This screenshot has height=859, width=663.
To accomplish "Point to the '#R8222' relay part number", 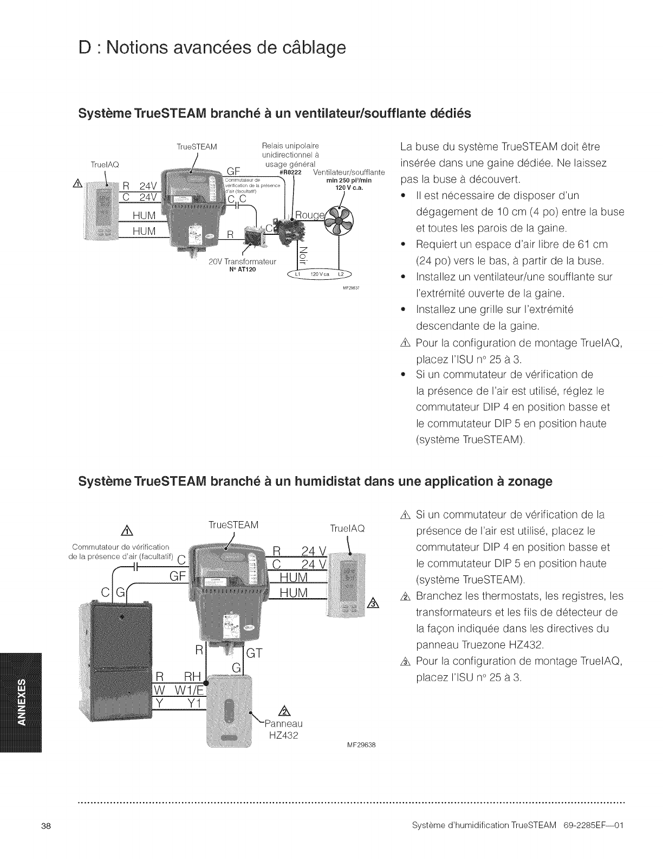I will pos(290,172).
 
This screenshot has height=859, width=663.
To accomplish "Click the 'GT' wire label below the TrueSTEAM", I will pos(254,653).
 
